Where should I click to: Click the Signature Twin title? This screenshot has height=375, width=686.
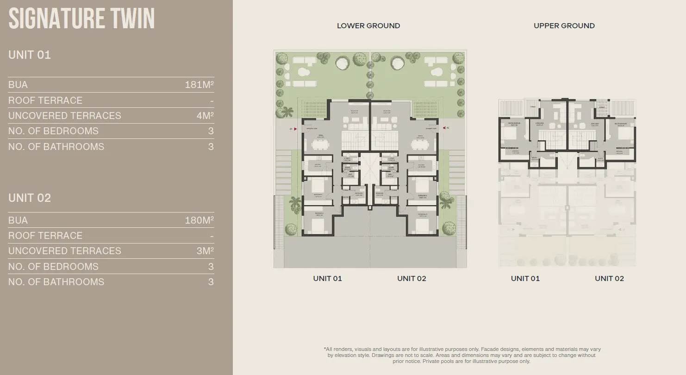(81, 19)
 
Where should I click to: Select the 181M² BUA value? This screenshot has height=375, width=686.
(199, 85)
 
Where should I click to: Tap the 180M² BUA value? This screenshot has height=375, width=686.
(199, 220)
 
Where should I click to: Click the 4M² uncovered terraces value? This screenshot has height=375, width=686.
(205, 116)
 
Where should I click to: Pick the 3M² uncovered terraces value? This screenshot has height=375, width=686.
(205, 251)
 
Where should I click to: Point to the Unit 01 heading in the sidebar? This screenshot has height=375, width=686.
(30, 55)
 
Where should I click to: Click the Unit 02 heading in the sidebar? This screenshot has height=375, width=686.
(30, 198)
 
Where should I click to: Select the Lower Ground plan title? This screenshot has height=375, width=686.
(368, 26)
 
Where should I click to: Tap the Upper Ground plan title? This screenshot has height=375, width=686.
(564, 26)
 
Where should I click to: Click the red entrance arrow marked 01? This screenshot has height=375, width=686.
(295, 129)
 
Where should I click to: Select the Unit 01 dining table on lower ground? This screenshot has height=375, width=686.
(320, 145)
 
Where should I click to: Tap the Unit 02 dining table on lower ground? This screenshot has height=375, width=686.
(420, 145)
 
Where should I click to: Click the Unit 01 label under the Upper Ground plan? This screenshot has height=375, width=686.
(525, 278)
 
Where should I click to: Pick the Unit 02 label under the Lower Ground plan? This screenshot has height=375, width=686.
(412, 278)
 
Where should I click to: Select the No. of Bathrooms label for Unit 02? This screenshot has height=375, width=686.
(56, 282)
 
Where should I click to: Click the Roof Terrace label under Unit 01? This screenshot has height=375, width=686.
(45, 100)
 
